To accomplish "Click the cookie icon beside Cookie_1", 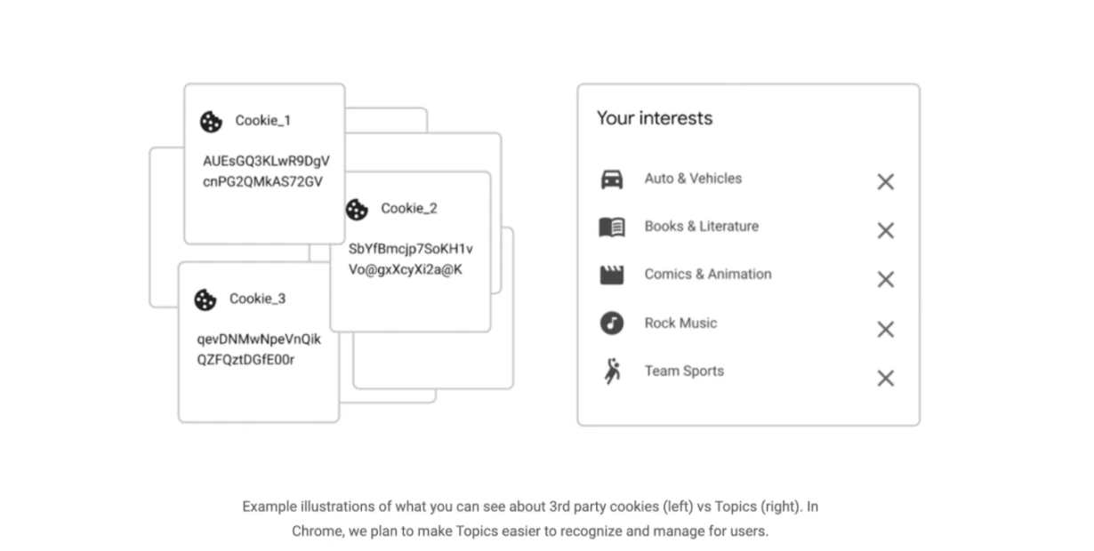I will (211, 122).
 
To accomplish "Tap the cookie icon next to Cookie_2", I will (357, 210).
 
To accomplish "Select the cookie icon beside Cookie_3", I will (205, 300).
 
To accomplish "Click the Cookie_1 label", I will (262, 121).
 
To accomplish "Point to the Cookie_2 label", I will (409, 209).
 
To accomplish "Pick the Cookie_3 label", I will (257, 299).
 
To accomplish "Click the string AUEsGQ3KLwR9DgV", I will (266, 162).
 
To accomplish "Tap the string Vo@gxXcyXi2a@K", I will (406, 270).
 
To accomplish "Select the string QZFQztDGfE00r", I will (245, 360).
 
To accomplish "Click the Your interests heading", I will (654, 118).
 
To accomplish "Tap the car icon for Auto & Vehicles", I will (612, 180).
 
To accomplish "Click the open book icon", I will (612, 228).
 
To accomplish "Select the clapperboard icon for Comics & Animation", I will (612, 275).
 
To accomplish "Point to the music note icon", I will (612, 323).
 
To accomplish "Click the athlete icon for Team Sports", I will (612, 372).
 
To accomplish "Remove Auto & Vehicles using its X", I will (885, 182).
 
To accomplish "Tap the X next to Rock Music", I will (885, 330).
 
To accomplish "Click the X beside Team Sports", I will (885, 379).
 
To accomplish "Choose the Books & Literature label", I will (701, 227).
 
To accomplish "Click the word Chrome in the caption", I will (316, 531).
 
